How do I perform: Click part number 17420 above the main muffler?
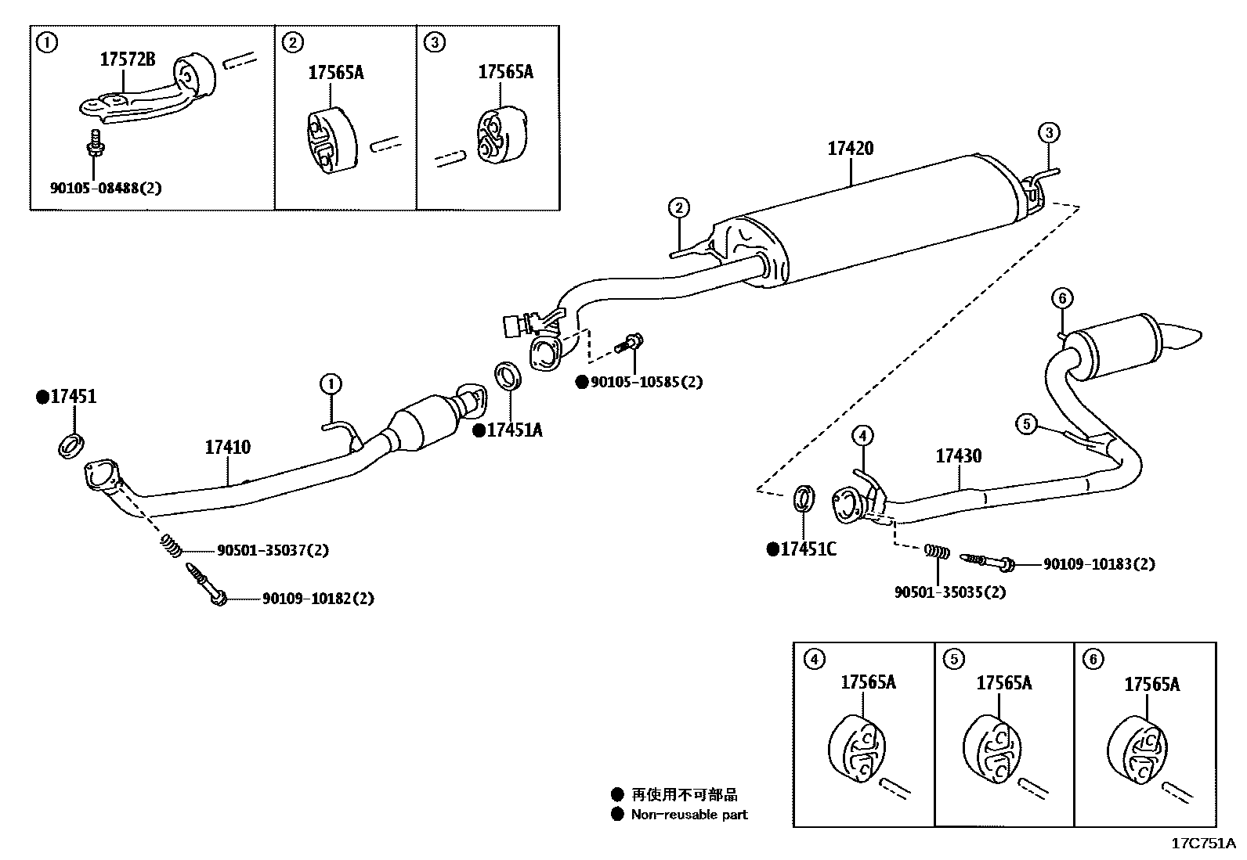(x=850, y=149)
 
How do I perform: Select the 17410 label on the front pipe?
(x=228, y=448)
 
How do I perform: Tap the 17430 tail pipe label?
(x=958, y=456)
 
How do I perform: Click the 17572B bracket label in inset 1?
(x=127, y=59)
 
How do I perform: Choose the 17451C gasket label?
(x=808, y=549)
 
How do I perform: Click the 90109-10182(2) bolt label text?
(x=317, y=599)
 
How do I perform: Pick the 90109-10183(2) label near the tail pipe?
(x=1098, y=564)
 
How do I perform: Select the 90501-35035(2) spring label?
(x=949, y=592)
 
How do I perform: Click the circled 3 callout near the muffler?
(x=1049, y=132)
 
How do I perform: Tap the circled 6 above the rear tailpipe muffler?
(x=1061, y=298)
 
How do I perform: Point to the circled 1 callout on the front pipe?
(x=331, y=384)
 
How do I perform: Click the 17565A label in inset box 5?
(x=1003, y=684)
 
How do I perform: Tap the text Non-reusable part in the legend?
(x=689, y=815)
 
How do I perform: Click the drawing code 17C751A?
(x=1202, y=844)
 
